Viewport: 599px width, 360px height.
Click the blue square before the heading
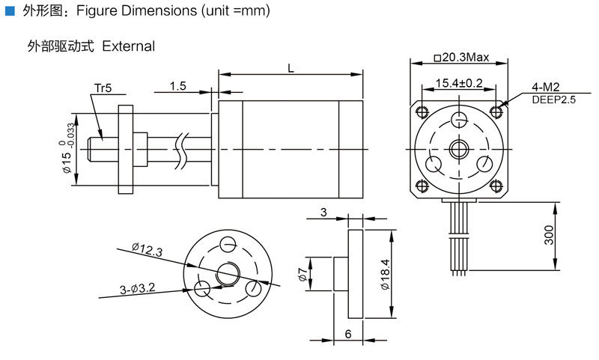point(10,12)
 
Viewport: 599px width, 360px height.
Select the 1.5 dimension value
point(177,86)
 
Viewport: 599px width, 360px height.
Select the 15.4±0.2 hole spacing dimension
point(459,83)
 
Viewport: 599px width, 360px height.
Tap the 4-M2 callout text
point(546,87)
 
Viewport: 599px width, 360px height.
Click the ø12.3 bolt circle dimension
point(146,250)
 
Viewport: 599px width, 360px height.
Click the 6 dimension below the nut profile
point(348,335)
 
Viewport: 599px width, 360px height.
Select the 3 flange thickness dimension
point(323,213)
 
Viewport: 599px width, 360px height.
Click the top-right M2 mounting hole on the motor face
point(496,112)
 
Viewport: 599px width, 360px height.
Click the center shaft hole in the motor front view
point(458,149)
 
